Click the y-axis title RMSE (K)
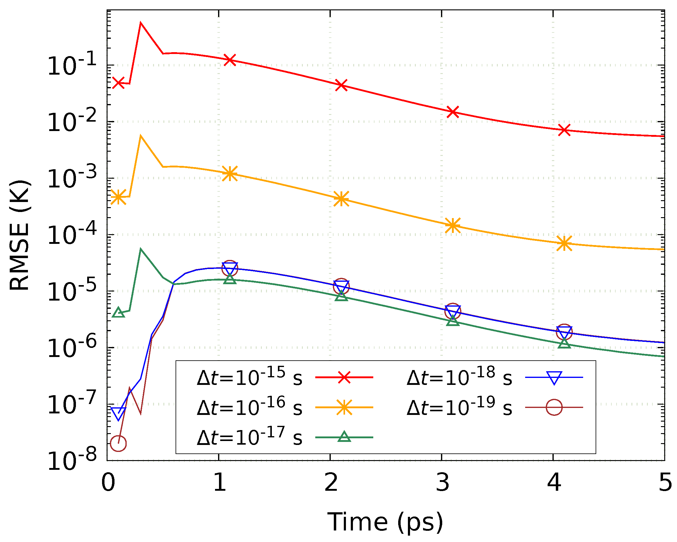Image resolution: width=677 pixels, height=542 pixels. pos(19,235)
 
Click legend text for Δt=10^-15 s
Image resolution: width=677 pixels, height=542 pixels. pos(250,377)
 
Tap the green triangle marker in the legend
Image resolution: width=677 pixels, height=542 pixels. pos(344,437)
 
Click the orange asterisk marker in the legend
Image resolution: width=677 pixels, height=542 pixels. pos(344,407)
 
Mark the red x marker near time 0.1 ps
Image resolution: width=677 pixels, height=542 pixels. pos(118,83)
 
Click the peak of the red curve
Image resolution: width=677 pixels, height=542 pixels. pos(141,22)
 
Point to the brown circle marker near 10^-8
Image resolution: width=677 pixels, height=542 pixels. pos(118,443)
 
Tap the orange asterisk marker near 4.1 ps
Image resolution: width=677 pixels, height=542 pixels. pos(564,243)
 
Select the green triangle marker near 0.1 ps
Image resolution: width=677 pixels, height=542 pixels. pos(118,313)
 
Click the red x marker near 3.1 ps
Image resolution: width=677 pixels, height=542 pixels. pos(453,112)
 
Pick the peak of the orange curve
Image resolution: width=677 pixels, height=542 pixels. pos(141,136)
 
